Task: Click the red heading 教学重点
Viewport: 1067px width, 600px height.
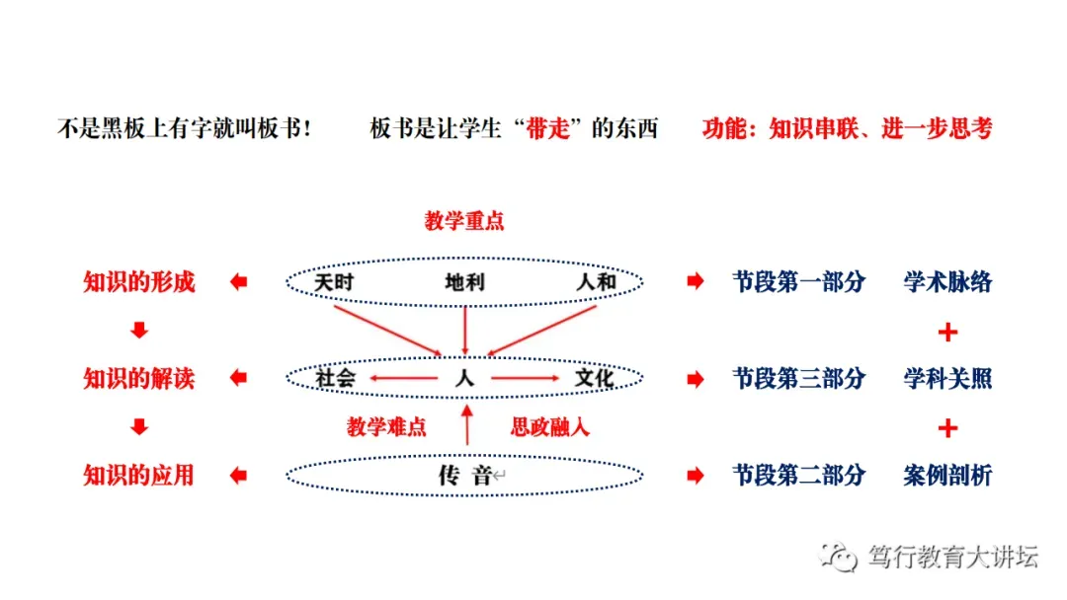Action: point(464,221)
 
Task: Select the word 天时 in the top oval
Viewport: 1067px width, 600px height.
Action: point(334,283)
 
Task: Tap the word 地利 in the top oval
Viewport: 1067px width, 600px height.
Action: point(464,283)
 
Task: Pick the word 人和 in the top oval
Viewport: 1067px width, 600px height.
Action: point(596,283)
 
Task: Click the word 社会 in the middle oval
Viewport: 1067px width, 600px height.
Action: point(335,378)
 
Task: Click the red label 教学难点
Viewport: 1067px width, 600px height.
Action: point(386,427)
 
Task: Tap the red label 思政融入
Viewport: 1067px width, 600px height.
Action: point(549,427)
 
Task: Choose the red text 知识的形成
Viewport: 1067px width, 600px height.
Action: point(139,282)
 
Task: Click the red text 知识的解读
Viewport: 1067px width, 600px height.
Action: point(139,378)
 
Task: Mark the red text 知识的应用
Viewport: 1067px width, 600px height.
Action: point(139,476)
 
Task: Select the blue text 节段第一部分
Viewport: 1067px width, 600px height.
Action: point(798,282)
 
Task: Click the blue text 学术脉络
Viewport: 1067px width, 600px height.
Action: point(947,282)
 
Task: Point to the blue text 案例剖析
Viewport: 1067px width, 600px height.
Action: point(947,476)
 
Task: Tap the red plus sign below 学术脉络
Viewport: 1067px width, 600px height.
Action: point(947,332)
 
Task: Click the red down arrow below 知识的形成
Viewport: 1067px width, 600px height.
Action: point(139,332)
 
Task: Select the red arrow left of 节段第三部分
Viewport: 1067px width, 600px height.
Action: point(696,379)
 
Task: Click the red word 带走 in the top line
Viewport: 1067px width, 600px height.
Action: point(551,129)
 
